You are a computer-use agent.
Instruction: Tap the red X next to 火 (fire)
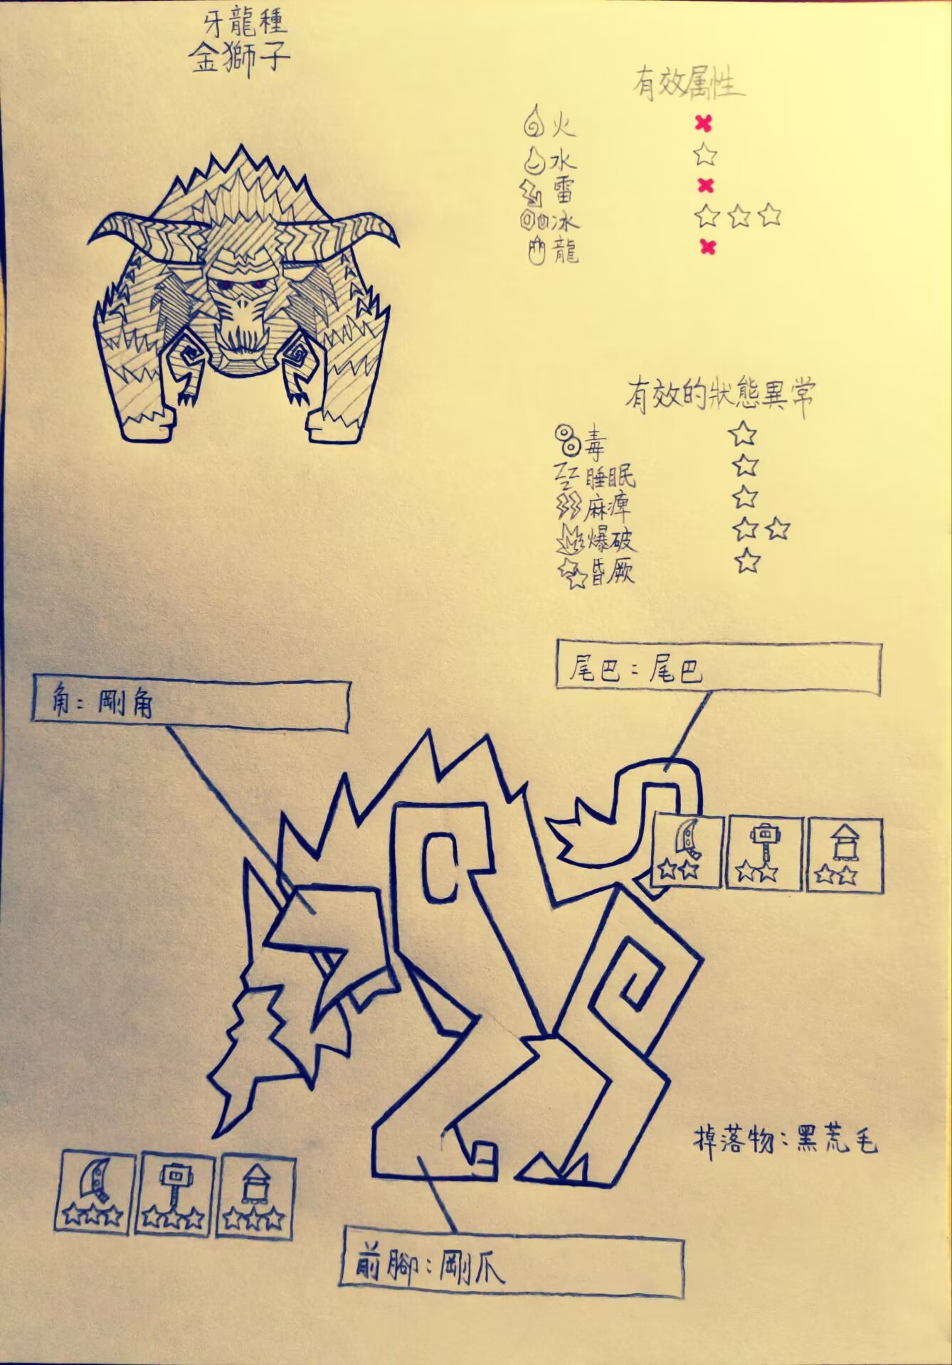(703, 124)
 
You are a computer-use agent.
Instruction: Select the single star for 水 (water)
(705, 154)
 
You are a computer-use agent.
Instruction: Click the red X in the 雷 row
(704, 186)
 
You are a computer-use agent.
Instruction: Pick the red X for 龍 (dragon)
(707, 247)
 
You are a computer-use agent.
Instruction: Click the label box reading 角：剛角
(191, 705)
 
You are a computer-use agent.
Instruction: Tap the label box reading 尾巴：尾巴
(718, 668)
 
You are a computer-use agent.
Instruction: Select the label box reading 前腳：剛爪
(512, 1268)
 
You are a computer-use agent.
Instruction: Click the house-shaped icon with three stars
(257, 1191)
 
